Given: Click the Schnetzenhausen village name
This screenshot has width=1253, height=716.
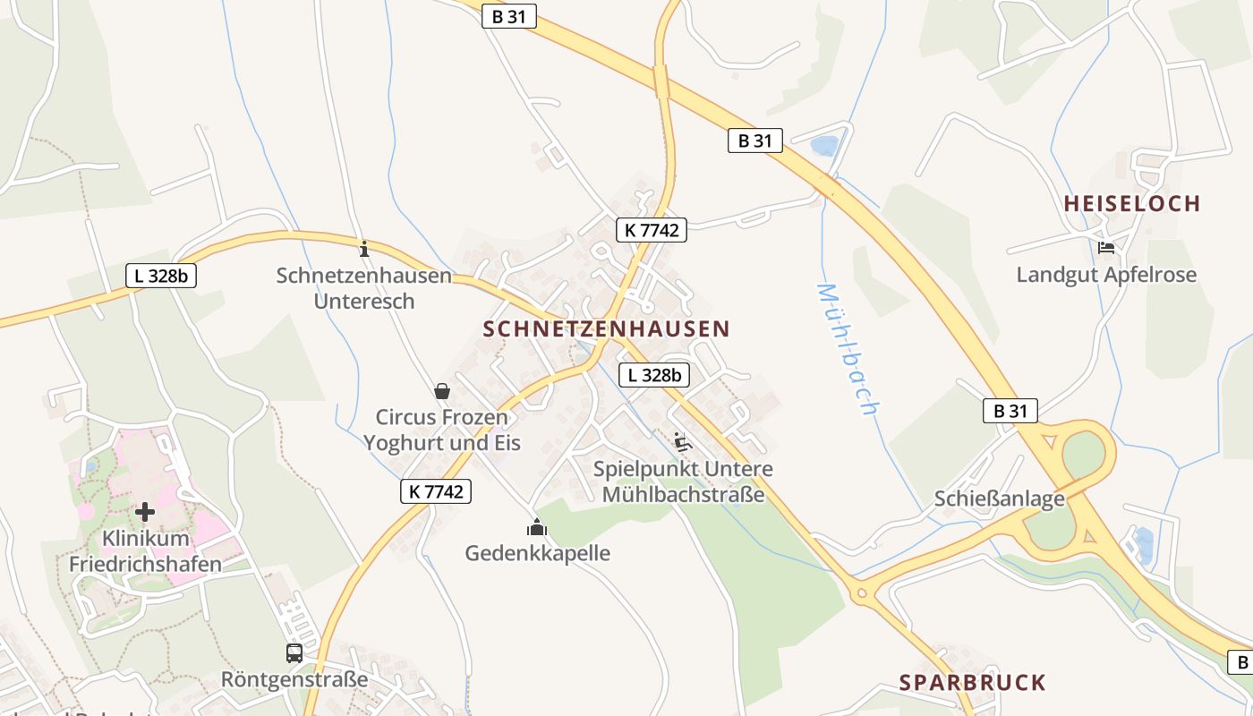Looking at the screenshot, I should pyautogui.click(x=607, y=329).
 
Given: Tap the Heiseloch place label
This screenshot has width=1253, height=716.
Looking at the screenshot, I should pyautogui.click(x=1131, y=204).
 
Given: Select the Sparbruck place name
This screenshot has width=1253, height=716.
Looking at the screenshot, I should pyautogui.click(x=972, y=683).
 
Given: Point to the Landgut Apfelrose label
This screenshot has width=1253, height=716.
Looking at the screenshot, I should pyautogui.click(x=1106, y=275).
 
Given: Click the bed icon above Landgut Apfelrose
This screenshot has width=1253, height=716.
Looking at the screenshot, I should pyautogui.click(x=1106, y=247).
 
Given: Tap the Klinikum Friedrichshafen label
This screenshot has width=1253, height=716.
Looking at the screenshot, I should pyautogui.click(x=145, y=551).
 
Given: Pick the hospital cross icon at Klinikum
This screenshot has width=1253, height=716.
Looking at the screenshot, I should pyautogui.click(x=145, y=512).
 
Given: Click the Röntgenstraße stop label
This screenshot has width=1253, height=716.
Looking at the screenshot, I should pyautogui.click(x=294, y=679).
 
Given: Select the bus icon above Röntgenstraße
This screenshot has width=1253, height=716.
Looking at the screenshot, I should pyautogui.click(x=294, y=653).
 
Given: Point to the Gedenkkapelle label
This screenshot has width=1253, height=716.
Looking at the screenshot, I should pyautogui.click(x=537, y=553).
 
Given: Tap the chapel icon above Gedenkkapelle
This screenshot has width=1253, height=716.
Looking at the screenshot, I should pyautogui.click(x=536, y=527).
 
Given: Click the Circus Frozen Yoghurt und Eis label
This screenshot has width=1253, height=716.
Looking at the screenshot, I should pyautogui.click(x=442, y=430).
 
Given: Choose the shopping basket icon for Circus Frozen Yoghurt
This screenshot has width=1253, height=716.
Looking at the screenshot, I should pyautogui.click(x=442, y=391).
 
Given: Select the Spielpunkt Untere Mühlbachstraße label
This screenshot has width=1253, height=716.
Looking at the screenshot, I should pyautogui.click(x=684, y=482).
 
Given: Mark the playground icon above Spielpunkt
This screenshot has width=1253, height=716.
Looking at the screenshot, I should pyautogui.click(x=683, y=441).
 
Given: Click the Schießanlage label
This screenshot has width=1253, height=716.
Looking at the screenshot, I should pyautogui.click(x=1000, y=499).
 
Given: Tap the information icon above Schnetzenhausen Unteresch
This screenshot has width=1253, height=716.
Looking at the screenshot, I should pyautogui.click(x=363, y=248).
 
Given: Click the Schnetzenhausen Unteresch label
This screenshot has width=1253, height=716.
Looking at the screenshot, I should pyautogui.click(x=364, y=288).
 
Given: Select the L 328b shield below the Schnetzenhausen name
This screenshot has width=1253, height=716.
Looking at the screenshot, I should pyautogui.click(x=654, y=375).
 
